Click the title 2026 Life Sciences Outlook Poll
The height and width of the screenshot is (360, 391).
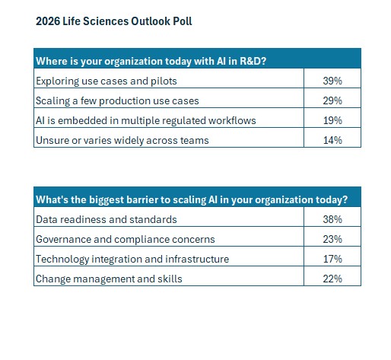(114, 21)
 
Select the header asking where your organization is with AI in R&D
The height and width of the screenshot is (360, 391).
(151, 61)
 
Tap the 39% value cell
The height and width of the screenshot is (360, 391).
(332, 78)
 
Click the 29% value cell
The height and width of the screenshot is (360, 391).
(332, 98)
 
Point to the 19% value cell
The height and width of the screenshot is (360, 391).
(332, 118)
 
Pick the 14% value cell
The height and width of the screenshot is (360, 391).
(332, 138)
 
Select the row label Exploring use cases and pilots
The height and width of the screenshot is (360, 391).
(106, 81)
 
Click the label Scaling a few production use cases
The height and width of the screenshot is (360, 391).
(117, 101)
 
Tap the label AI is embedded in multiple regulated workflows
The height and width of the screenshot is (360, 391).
(146, 121)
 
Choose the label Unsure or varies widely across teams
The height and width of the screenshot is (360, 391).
(122, 141)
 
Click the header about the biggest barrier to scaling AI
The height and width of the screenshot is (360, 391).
(192, 200)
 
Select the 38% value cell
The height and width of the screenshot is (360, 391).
(332, 217)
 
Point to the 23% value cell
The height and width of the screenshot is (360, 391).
(332, 237)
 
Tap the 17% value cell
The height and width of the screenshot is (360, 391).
(332, 256)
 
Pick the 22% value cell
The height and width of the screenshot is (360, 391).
(332, 276)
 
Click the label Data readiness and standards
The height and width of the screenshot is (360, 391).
(106, 220)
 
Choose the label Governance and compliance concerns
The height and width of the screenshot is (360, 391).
(126, 240)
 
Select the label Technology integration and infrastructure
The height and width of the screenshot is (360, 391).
(132, 260)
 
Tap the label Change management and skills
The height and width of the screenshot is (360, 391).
(109, 279)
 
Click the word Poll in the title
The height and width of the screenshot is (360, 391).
(183, 21)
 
